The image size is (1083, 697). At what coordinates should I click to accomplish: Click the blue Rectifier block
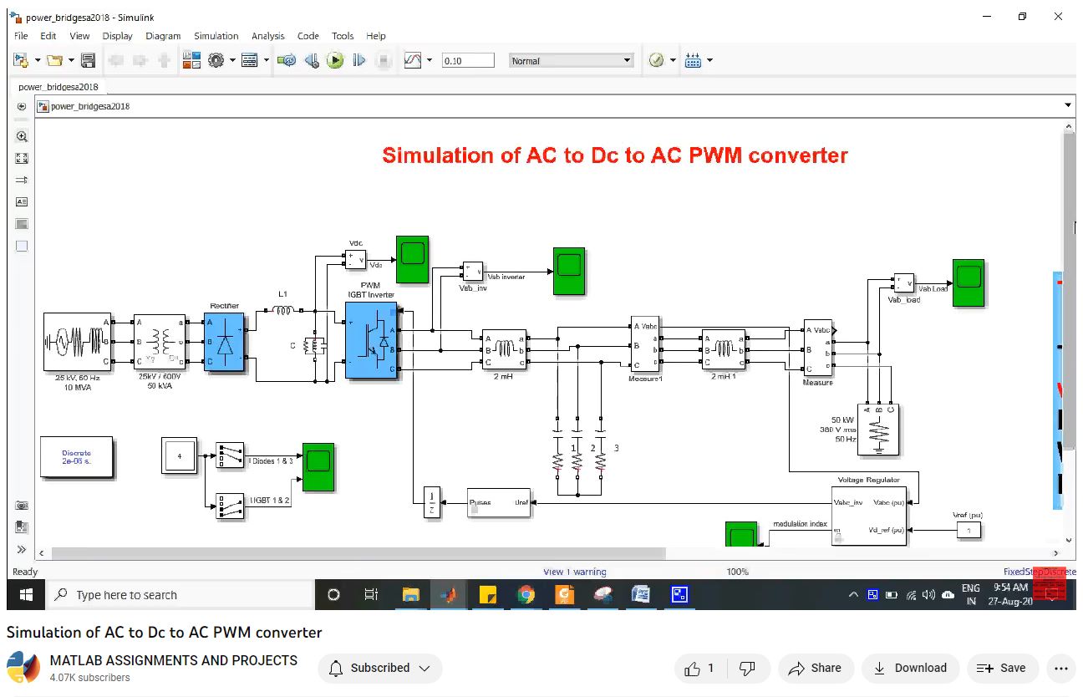(224, 342)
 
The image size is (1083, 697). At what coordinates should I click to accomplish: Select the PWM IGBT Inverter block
(371, 341)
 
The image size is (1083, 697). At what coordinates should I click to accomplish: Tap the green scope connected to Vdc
(412, 260)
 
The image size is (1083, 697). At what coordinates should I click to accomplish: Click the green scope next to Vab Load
(969, 283)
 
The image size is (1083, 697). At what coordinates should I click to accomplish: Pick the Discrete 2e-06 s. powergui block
(77, 457)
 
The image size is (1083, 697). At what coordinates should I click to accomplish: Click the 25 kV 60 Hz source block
(76, 342)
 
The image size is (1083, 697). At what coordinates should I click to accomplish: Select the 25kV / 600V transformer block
(159, 342)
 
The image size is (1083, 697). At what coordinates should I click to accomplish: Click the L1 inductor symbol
(282, 311)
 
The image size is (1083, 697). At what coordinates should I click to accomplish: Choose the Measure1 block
(646, 344)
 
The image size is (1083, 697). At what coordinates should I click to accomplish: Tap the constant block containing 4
(179, 456)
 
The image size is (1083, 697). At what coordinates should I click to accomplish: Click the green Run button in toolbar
(335, 60)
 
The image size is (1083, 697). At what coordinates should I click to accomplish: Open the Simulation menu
(216, 36)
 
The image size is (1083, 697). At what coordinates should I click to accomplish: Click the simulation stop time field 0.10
(467, 61)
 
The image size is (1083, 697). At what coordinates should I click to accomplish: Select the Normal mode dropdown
(572, 61)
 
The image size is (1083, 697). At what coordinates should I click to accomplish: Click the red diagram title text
(614, 155)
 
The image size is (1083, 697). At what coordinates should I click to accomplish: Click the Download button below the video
(910, 668)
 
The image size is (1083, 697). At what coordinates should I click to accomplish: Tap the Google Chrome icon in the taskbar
(526, 595)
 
